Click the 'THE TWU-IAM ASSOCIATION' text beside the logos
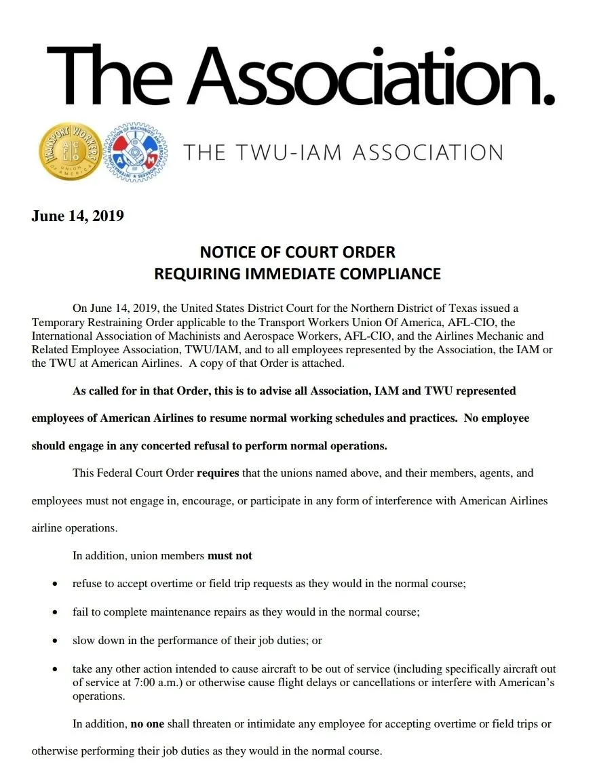(343, 152)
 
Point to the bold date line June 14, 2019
(77, 216)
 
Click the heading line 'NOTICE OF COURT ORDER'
(297, 252)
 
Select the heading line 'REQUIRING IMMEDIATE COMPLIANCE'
(297, 274)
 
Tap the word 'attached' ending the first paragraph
(323, 363)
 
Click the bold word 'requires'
(218, 473)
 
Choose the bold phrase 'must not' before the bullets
(229, 555)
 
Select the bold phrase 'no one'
(147, 724)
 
